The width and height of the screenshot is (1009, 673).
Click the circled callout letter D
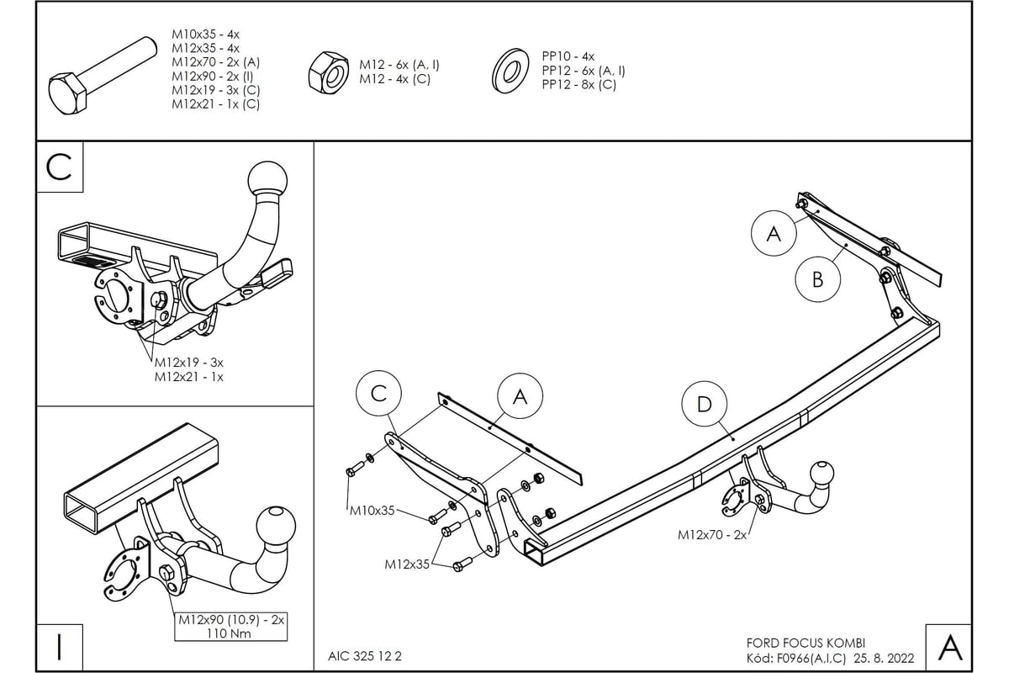click(704, 405)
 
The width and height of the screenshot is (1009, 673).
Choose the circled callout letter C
click(378, 394)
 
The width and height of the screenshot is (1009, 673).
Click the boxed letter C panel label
click(59, 167)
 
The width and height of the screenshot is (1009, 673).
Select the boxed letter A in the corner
click(949, 647)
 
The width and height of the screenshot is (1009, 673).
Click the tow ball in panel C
click(268, 179)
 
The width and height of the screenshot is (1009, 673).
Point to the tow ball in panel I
click(277, 524)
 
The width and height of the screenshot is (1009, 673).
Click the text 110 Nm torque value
click(231, 633)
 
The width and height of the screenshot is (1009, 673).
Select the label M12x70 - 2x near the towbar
click(712, 534)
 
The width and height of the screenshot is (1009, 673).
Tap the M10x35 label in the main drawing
click(372, 510)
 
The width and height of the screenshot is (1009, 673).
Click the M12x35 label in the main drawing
click(407, 564)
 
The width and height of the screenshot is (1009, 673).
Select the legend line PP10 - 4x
click(568, 56)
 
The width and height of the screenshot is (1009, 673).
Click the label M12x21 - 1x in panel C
click(188, 377)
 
